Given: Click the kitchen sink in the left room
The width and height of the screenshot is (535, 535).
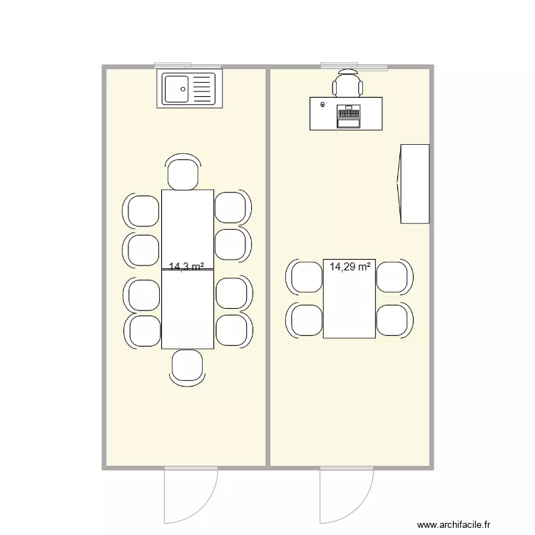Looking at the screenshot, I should click(x=189, y=90).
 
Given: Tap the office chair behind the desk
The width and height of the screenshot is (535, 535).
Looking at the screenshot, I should click(x=347, y=85).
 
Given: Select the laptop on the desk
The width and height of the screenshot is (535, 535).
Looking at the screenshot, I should click(x=348, y=116).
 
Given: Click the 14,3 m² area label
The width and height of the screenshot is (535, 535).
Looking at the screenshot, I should click(x=186, y=267).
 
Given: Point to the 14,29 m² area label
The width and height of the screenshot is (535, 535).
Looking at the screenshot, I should click(x=350, y=267).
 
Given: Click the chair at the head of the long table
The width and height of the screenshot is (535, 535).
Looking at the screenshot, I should click(x=183, y=173).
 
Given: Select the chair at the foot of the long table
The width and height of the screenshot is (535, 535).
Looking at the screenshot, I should click(x=188, y=365).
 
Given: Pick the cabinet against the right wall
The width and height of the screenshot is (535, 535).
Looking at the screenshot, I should click(x=414, y=184).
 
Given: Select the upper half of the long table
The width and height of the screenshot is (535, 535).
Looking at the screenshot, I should click(x=188, y=229).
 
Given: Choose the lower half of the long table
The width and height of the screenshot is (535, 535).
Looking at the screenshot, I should click(x=188, y=310).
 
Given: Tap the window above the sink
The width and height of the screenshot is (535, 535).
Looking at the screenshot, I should click(x=188, y=66).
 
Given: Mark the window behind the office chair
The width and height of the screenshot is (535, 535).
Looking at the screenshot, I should click(x=354, y=66).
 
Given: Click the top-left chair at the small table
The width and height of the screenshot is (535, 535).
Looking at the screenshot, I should click(x=306, y=277).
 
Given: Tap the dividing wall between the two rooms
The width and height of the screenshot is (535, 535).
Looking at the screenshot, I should click(x=267, y=267).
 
